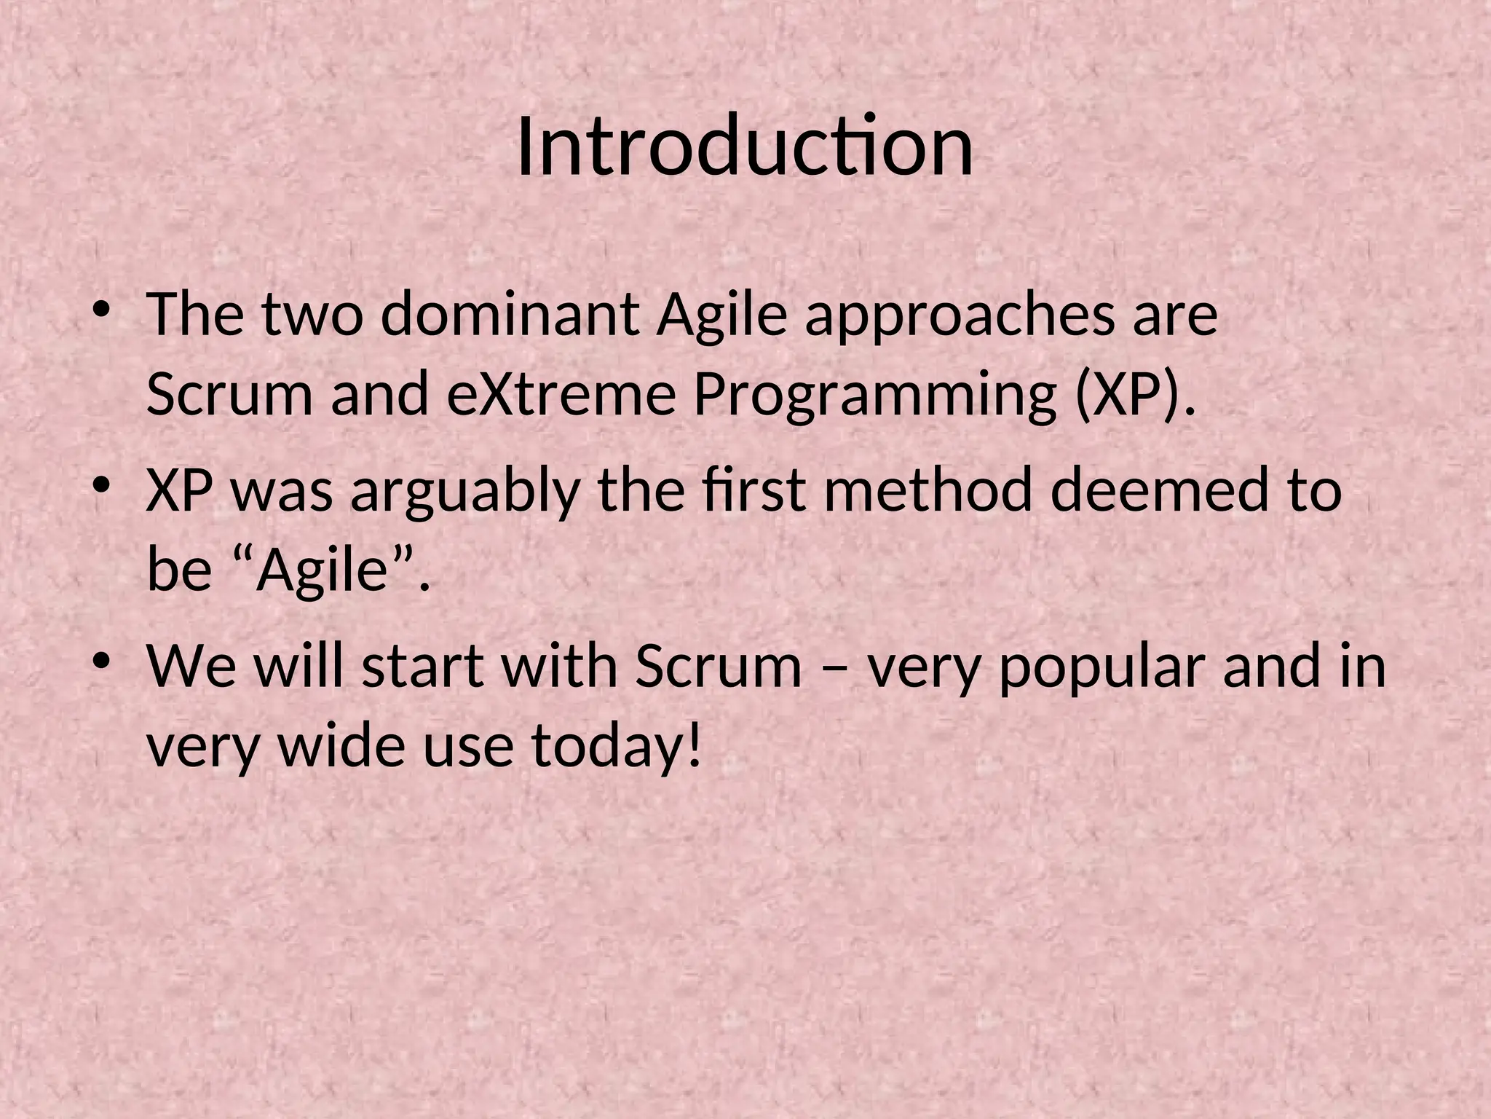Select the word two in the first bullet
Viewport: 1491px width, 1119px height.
(313, 315)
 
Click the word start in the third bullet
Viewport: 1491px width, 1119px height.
(422, 666)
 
